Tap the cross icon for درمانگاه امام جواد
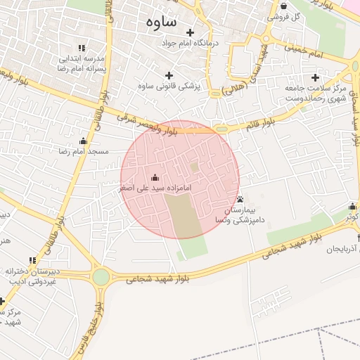click(x=190, y=32)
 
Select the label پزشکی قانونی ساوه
click(x=168, y=86)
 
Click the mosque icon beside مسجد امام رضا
click(x=84, y=141)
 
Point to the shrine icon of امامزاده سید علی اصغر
click(x=155, y=178)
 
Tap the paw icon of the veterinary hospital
click(x=240, y=200)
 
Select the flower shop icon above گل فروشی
click(x=283, y=5)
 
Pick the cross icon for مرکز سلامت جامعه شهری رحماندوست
click(x=314, y=77)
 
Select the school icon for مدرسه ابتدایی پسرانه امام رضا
click(x=82, y=48)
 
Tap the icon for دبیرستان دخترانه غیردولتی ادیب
click(x=31, y=261)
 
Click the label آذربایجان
click(x=340, y=249)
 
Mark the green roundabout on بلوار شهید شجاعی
click(x=101, y=276)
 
